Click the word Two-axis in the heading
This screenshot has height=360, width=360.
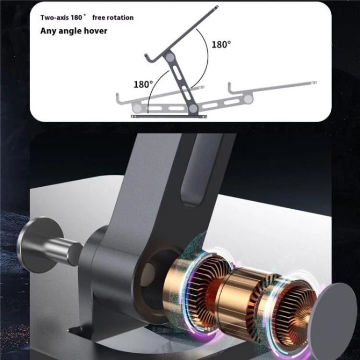pos(55,17)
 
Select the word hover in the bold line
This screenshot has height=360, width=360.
pos(95,31)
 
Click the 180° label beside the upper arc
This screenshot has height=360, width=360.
pos(221,44)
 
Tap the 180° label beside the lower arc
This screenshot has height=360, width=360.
pos(143,84)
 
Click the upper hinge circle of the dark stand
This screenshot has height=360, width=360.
pos(170,57)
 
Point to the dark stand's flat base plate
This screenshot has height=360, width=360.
pos(169,117)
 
